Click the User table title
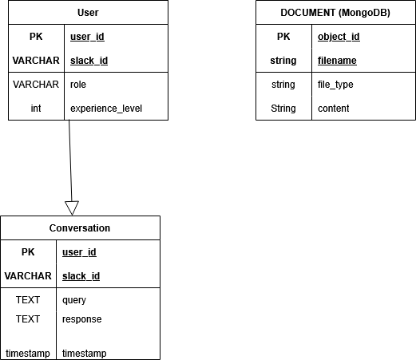coord(88,13)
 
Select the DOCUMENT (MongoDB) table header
coord(335,13)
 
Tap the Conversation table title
coord(80,228)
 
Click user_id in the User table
coord(88,37)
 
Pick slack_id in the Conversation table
coord(81,276)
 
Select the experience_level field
coord(106,109)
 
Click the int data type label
coord(36,109)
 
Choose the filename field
coord(337,61)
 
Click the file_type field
coord(335,85)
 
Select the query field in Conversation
coord(74,300)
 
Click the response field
coord(82,319)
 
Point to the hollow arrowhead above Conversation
coord(72,208)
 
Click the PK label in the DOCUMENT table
coord(283,37)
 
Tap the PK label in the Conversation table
coord(28,252)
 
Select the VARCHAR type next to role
coord(36,85)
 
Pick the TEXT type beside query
coord(28,300)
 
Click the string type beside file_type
coord(283,85)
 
